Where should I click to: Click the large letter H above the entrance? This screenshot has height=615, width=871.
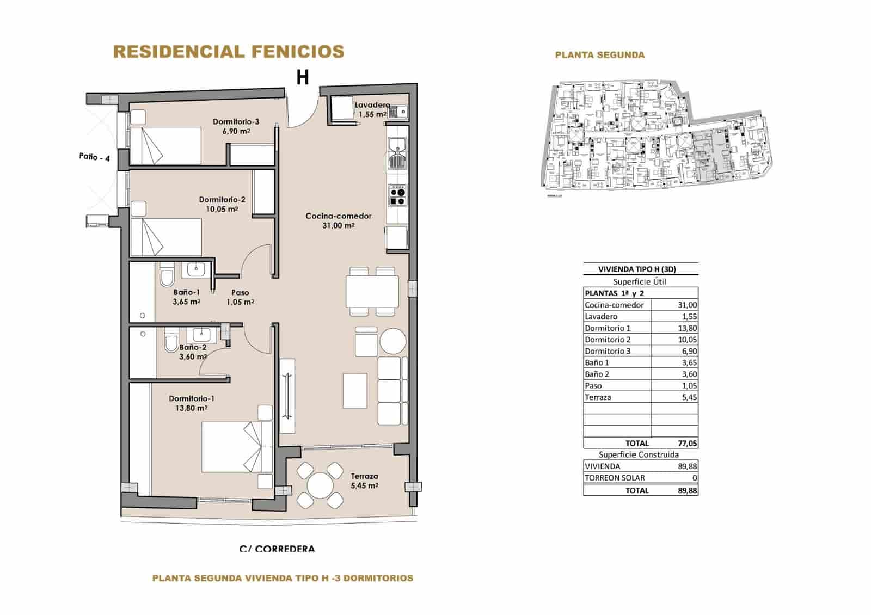tap(302, 78)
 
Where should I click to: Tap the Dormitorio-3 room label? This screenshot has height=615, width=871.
tap(236, 121)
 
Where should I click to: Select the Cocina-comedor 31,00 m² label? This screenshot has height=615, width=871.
tap(338, 220)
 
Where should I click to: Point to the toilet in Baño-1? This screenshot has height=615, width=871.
tap(167, 276)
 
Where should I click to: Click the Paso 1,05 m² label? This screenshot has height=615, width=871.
tap(240, 297)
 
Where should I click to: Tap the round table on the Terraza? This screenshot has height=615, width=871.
tap(320, 484)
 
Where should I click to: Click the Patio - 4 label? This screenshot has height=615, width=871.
tap(94, 157)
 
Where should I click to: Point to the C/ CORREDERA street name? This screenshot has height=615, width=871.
tap(277, 549)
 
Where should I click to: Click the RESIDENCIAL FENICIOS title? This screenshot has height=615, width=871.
tap(229, 52)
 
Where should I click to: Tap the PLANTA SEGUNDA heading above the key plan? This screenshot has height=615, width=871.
tap(599, 55)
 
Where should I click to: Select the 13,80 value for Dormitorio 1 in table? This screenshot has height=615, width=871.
tap(688, 328)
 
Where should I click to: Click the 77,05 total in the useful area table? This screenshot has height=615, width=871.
tap(687, 443)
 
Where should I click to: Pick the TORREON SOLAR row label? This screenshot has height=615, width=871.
tap(615, 478)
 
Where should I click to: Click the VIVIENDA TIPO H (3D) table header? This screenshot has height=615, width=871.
tap(640, 269)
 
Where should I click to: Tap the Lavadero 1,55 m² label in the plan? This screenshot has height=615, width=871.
tap(371, 109)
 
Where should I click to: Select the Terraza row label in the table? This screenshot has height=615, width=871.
tap(598, 397)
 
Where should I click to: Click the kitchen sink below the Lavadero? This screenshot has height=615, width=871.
tap(397, 153)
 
